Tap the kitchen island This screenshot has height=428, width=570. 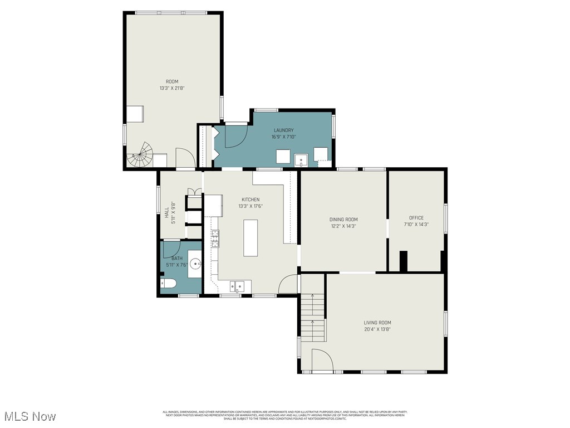250,238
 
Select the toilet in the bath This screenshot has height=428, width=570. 169,284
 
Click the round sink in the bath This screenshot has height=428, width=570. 195,264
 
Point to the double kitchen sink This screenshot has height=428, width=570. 237,287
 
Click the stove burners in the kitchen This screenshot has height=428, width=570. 214,239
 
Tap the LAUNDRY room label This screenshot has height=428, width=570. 283,130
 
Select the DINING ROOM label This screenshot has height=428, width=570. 343,219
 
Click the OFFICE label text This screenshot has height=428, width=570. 416,218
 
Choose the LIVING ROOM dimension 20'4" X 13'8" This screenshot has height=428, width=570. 377,329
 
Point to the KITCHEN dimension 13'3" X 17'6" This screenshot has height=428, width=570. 250,206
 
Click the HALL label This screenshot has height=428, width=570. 166,212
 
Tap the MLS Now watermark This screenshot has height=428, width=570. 29,416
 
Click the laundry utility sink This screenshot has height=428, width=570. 301,160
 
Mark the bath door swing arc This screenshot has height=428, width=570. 171,249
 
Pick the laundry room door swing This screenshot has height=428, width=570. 237,137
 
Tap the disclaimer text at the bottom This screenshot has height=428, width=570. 285,415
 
